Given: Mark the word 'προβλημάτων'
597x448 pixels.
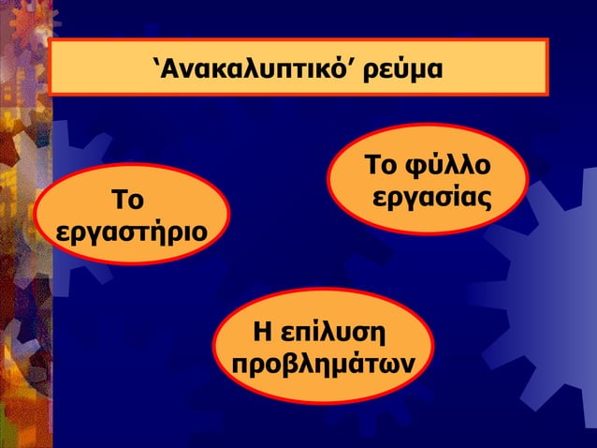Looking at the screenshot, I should click(x=324, y=362).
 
